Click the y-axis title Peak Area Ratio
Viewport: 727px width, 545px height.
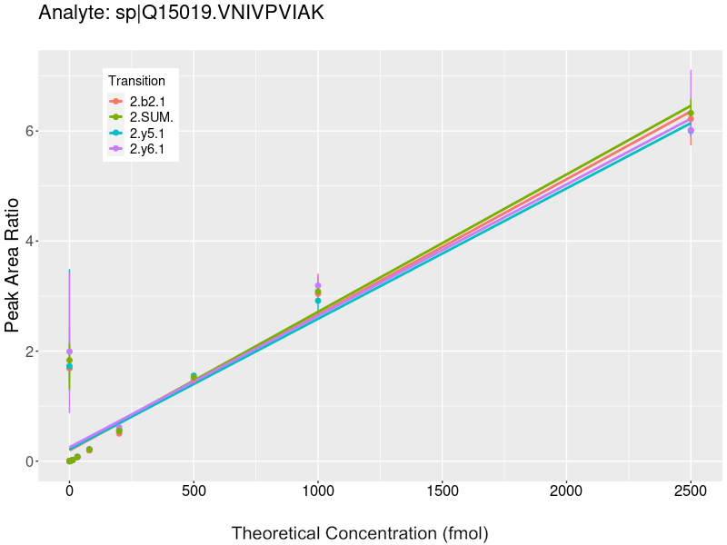click(14, 263)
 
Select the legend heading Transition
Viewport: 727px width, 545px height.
click(136, 81)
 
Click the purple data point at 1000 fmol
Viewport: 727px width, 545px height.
click(318, 285)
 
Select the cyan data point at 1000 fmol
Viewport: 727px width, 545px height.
click(318, 301)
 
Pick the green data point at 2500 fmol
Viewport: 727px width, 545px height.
click(691, 114)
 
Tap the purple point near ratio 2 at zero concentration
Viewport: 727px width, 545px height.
click(69, 352)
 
